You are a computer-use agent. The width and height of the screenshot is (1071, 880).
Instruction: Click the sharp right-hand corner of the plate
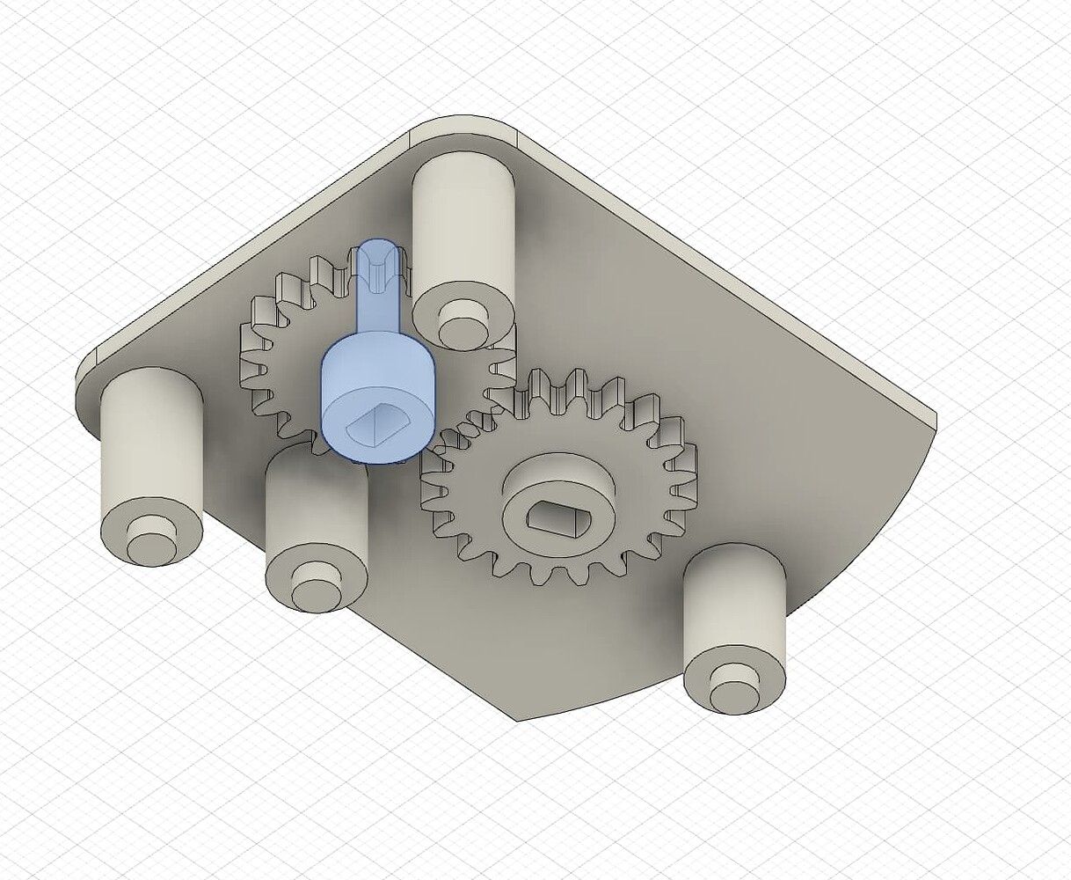click(x=934, y=421)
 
